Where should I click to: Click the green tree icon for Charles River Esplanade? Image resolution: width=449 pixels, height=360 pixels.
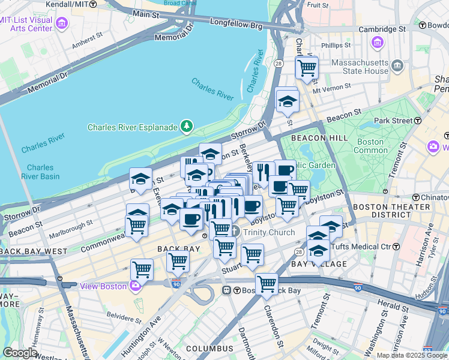(188, 125)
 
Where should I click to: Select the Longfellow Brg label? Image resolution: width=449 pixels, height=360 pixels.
(237, 24)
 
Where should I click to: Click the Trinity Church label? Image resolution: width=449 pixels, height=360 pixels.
(268, 232)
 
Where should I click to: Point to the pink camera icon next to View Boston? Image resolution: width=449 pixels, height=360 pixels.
(136, 286)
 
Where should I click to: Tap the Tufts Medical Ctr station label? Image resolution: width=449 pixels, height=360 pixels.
(373, 247)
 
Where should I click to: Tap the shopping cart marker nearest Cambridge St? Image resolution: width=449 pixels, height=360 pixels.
(307, 68)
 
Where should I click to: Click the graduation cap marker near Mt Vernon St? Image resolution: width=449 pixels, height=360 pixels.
(288, 100)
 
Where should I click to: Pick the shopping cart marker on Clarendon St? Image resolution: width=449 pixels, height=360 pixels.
(267, 283)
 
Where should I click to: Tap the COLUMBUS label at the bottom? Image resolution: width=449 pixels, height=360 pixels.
(209, 349)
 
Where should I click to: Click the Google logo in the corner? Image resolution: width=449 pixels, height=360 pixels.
(20, 353)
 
